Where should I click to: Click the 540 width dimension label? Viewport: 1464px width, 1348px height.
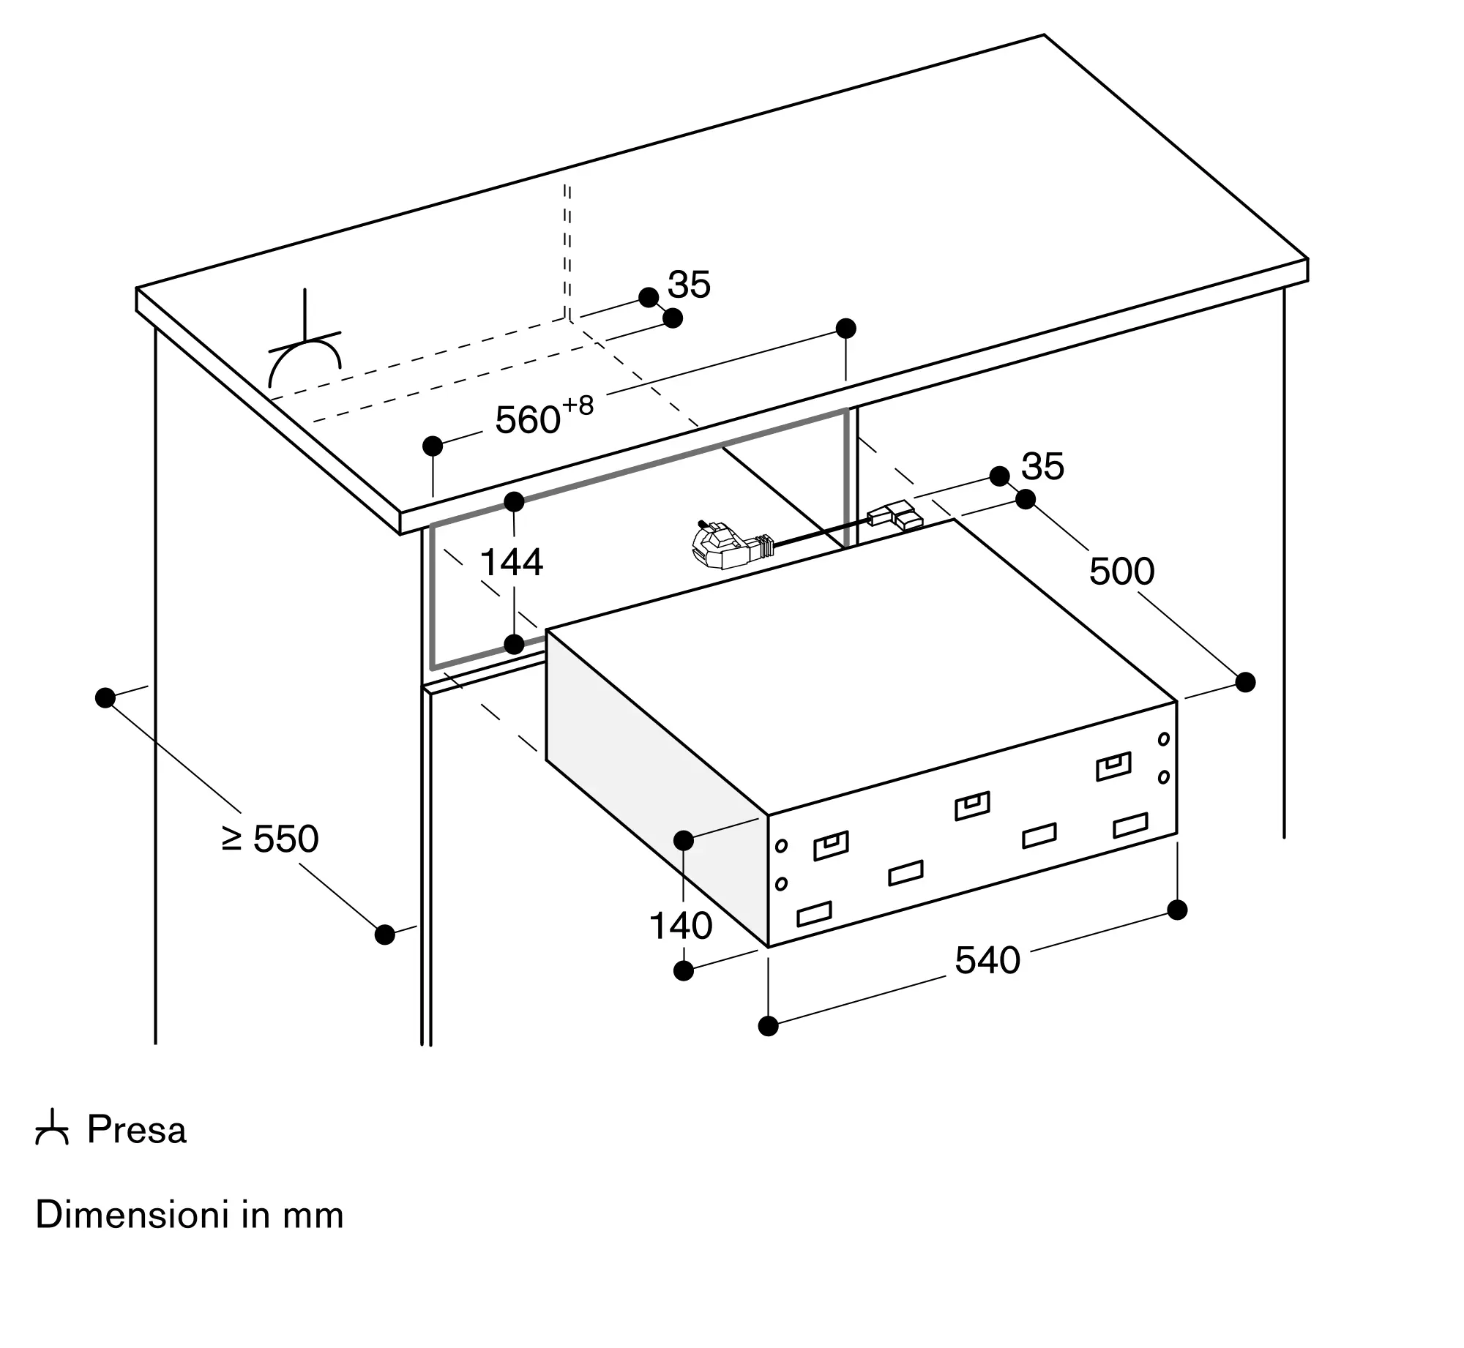(987, 960)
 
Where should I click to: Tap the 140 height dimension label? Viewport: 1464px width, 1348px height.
(681, 926)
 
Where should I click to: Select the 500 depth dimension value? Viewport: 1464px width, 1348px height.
(1121, 571)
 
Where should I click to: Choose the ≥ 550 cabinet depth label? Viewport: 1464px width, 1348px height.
(270, 839)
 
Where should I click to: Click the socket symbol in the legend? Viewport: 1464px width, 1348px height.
(52, 1129)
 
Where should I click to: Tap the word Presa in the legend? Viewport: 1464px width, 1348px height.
(137, 1130)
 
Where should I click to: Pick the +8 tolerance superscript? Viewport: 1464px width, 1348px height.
(578, 405)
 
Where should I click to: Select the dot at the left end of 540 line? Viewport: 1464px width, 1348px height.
(768, 1026)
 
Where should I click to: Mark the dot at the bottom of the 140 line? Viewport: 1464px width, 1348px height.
(683, 970)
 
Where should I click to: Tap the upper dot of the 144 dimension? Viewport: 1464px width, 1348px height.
(514, 502)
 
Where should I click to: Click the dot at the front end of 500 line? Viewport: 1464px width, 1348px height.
(1245, 682)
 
